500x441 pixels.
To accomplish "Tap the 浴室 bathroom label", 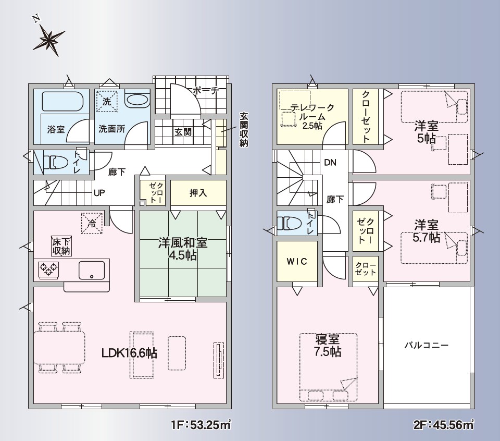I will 56,129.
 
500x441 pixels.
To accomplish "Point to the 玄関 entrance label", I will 182,132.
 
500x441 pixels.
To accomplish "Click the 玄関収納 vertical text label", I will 243,129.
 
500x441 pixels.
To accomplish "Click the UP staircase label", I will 99,193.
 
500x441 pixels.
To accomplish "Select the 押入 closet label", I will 198,193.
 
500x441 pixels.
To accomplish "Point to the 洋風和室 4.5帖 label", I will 183,249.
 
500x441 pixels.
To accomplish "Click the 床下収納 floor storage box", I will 60,246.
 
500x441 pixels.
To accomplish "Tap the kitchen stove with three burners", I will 48,270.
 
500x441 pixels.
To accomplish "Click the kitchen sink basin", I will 92,270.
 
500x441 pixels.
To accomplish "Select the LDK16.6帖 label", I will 129,353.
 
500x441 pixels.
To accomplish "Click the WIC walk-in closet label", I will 297,262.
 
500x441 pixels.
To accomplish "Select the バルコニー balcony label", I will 426,345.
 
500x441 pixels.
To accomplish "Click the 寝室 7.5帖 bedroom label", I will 328,345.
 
